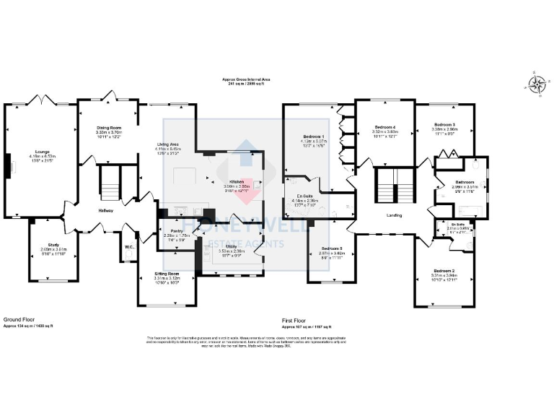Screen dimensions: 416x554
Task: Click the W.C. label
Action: pyautogui.click(x=129, y=246)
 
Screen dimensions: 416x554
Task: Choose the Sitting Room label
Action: pyautogui.click(x=167, y=274)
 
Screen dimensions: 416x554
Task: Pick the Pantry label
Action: pyautogui.click(x=175, y=231)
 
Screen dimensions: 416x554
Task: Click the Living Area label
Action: pyautogui.click(x=168, y=144)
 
